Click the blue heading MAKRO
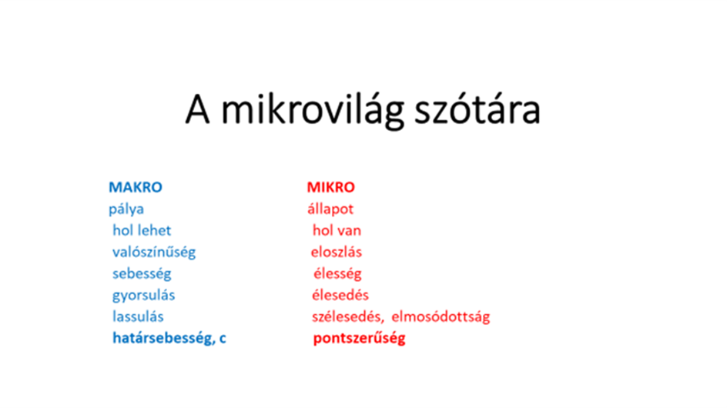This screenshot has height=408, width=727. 136,187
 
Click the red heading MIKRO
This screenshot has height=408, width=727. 330,187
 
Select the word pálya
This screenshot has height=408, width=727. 126,209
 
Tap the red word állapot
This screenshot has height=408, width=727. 330,209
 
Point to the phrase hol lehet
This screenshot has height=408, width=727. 142,230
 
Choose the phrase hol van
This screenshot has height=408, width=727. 337,230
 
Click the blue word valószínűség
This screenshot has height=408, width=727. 154,252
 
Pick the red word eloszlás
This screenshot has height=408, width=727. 336,252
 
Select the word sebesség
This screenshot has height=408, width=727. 142,274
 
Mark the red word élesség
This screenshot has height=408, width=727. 337,274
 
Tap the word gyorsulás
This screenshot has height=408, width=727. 144,296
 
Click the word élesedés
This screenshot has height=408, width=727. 340,296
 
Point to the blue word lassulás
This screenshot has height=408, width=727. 138,316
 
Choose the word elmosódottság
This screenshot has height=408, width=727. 441,317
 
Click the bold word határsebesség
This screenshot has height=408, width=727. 164,339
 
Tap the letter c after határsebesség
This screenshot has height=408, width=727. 223,339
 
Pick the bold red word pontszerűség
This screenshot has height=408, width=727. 360,339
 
